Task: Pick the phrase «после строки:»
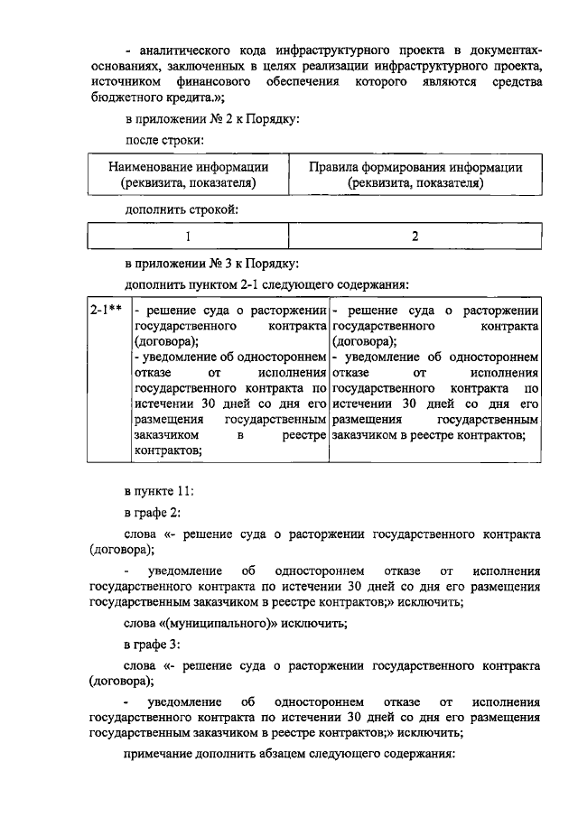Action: [163, 140]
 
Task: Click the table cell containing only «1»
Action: [189, 237]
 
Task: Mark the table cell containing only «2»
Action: [415, 237]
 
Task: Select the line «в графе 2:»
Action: [153, 513]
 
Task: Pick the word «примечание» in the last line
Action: [159, 753]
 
